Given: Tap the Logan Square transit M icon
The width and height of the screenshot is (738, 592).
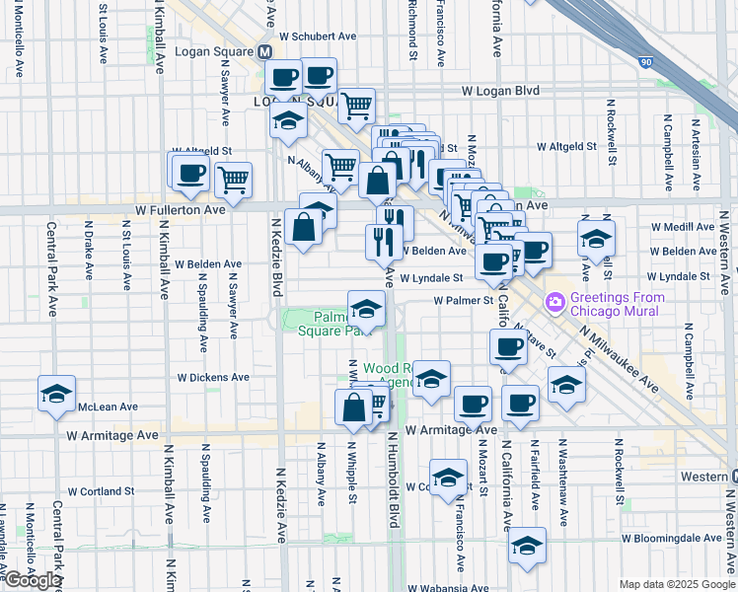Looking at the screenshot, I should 264,51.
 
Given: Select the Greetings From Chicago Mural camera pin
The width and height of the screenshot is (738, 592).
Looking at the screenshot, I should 554,300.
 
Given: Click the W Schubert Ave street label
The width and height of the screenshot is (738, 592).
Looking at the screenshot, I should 317,36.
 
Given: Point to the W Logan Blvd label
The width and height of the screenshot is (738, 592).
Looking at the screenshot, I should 501,91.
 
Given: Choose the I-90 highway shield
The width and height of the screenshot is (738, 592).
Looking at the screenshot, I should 645,62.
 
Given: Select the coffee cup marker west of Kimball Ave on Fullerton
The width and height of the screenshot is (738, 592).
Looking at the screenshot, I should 190,174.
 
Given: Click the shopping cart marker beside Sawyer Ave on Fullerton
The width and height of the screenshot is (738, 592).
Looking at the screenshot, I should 233,180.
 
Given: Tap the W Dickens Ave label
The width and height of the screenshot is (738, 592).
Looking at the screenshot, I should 213,377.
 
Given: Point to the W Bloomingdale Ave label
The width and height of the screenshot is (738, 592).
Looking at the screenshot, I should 674,539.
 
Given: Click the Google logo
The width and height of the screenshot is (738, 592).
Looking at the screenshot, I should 32,580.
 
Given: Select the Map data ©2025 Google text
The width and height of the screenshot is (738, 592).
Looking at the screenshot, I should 677,584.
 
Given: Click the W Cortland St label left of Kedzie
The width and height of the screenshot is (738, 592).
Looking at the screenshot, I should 101,490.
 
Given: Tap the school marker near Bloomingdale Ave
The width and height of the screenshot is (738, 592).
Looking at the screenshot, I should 527,545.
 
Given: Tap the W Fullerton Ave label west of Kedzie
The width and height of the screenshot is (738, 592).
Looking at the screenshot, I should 181,209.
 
